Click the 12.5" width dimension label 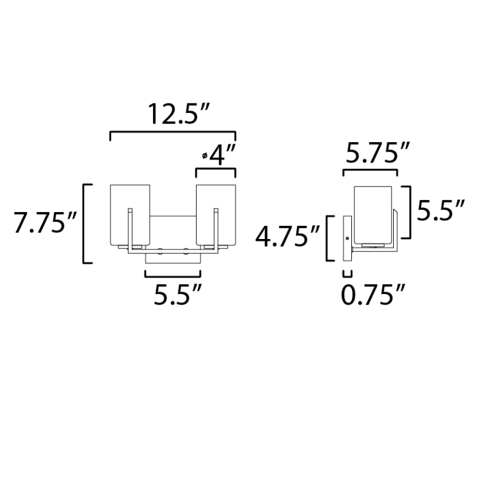point(178,114)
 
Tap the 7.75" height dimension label point(44,223)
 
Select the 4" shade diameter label point(222,155)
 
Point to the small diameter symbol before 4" point(204,156)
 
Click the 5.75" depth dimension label point(377,152)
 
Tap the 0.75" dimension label point(373,295)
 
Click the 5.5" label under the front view point(177,295)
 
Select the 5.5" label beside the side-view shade point(440,210)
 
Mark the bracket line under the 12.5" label point(173,131)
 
